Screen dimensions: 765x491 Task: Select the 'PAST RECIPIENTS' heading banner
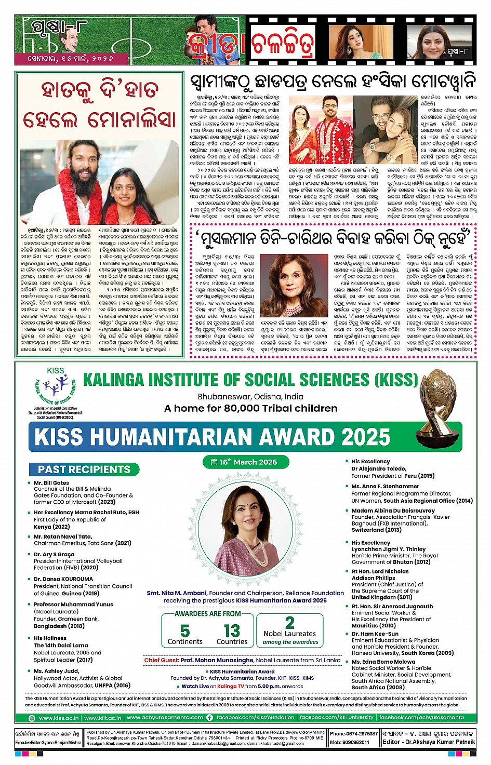coord(84,469)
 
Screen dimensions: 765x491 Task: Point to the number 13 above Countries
coord(232,630)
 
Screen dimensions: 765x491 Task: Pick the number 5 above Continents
coord(185,630)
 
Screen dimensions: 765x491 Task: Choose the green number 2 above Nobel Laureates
coord(289,622)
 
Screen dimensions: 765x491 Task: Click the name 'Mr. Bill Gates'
coord(51,482)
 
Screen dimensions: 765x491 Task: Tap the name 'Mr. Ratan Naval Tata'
coord(63,536)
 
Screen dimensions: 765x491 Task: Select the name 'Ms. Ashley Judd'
coord(56,671)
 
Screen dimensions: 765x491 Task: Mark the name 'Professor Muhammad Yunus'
coord(73,604)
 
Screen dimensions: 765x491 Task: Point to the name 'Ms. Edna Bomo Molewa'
coord(383,662)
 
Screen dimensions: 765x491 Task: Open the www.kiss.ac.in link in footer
coord(59,718)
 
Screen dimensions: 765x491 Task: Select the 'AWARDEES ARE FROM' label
coord(208,613)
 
